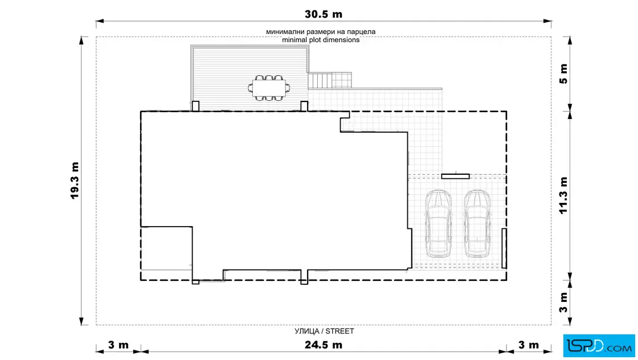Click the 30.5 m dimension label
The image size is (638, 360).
324,14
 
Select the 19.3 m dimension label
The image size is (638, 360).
75,181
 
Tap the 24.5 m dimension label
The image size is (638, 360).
324,345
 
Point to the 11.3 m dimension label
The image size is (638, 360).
563,195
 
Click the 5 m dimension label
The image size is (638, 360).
563,73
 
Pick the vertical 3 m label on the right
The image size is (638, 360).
563,302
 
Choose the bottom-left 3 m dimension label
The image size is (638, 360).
118,345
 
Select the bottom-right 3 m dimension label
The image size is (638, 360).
529,345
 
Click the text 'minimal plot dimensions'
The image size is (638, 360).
321,40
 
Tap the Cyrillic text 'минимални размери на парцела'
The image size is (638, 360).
321,32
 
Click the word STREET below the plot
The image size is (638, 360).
340,331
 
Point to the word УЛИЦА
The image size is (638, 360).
307,331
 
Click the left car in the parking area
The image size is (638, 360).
438,224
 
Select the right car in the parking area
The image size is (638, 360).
477,224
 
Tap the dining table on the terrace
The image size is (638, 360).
269,88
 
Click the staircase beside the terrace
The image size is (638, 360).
330,80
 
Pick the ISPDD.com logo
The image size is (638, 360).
599,346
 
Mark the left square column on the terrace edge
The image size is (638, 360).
195,106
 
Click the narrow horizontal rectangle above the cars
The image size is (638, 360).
455,177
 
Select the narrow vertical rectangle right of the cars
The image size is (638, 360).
504,248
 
